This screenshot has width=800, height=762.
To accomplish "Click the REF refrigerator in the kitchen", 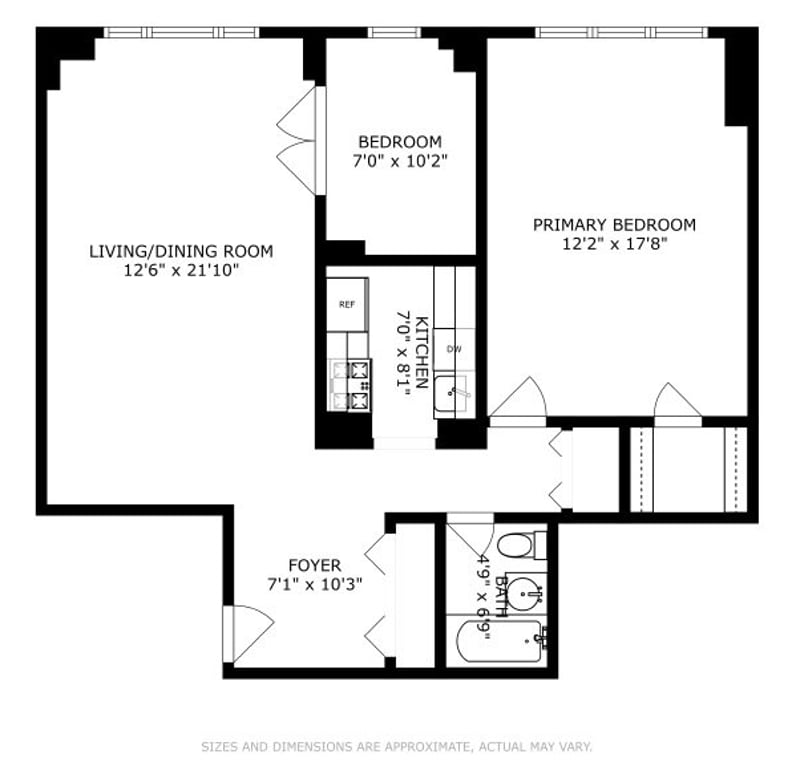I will click(347, 305).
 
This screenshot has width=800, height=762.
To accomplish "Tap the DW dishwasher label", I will click(453, 349).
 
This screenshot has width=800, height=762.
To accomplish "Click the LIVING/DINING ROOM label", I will click(180, 251).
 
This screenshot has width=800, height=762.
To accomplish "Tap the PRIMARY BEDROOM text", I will click(613, 225).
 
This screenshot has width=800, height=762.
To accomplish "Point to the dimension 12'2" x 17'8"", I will click(613, 243).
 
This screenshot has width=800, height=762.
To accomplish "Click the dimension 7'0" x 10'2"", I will click(400, 159).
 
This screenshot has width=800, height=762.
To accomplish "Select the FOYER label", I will click(315, 565).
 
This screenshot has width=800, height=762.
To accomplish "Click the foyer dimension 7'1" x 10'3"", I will click(315, 583).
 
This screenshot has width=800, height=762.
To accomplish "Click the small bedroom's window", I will click(394, 32).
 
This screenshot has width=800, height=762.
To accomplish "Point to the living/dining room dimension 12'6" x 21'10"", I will click(180, 269).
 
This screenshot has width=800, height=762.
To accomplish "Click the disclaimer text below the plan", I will click(397, 746).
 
